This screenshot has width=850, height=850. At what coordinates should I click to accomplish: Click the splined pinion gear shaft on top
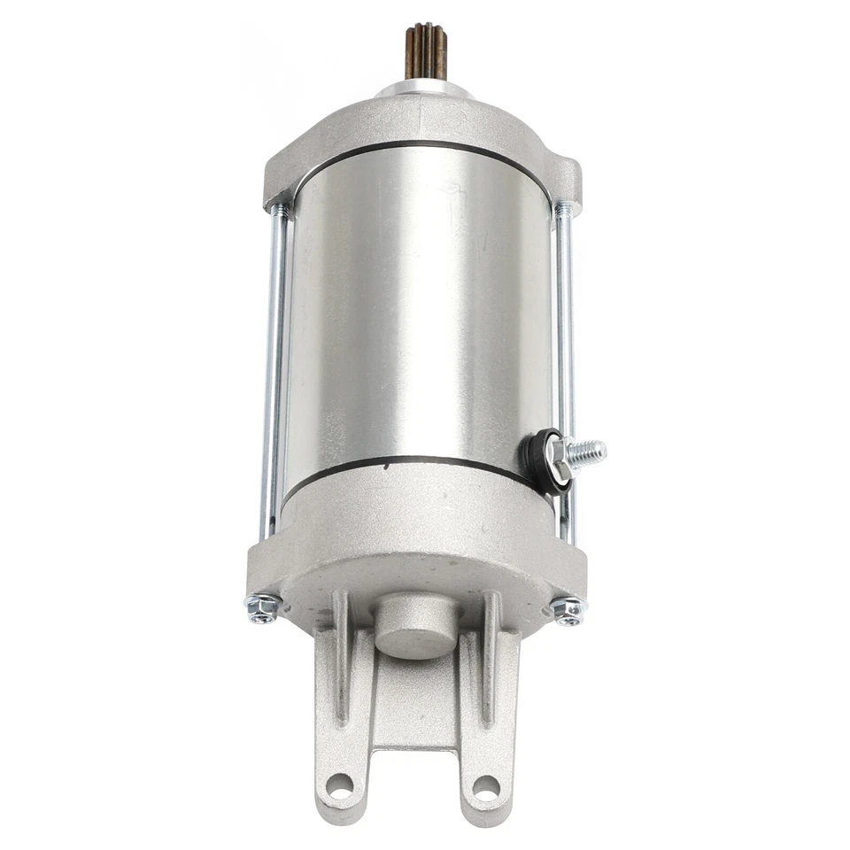pyautogui.click(x=424, y=50)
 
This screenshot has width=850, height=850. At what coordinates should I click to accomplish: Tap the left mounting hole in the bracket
pyautogui.click(x=339, y=784)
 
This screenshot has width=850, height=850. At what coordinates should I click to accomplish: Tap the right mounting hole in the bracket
pyautogui.click(x=485, y=786)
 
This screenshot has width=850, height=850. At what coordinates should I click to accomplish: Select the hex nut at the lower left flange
pyautogui.click(x=262, y=607)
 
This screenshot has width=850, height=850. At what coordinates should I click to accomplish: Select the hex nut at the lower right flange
pyautogui.click(x=568, y=610)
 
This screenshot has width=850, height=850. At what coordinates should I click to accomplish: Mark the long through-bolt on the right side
pyautogui.click(x=565, y=372)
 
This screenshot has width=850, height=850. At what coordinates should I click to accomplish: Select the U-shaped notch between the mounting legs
pyautogui.click(x=413, y=779)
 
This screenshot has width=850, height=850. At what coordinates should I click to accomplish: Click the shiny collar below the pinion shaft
pyautogui.click(x=422, y=89)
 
